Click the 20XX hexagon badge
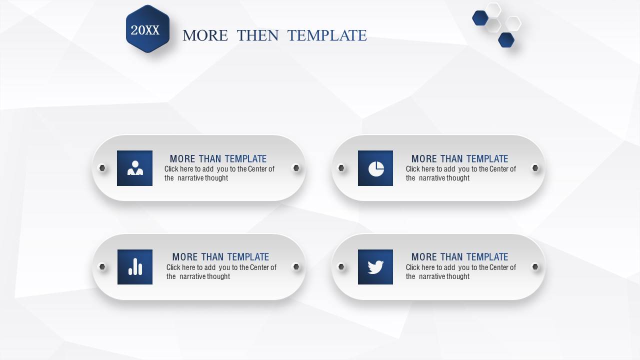point(147,29)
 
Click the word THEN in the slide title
point(257,35)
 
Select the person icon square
point(134,168)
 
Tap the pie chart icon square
point(375,168)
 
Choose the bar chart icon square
point(135,267)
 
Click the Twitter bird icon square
point(375,267)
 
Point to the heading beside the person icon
point(218,159)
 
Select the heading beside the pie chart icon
point(459,159)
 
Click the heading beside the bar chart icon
point(220,257)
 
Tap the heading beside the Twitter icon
point(459,257)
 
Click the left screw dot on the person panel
point(102,167)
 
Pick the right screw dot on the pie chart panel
point(535,167)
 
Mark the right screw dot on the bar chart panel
point(296,266)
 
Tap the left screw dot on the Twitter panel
point(341,266)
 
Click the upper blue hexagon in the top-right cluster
point(480,18)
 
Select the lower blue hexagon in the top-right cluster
point(506,39)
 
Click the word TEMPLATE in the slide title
point(327,35)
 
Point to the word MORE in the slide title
point(205,35)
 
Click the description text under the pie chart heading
point(461,173)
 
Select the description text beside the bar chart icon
point(221,271)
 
